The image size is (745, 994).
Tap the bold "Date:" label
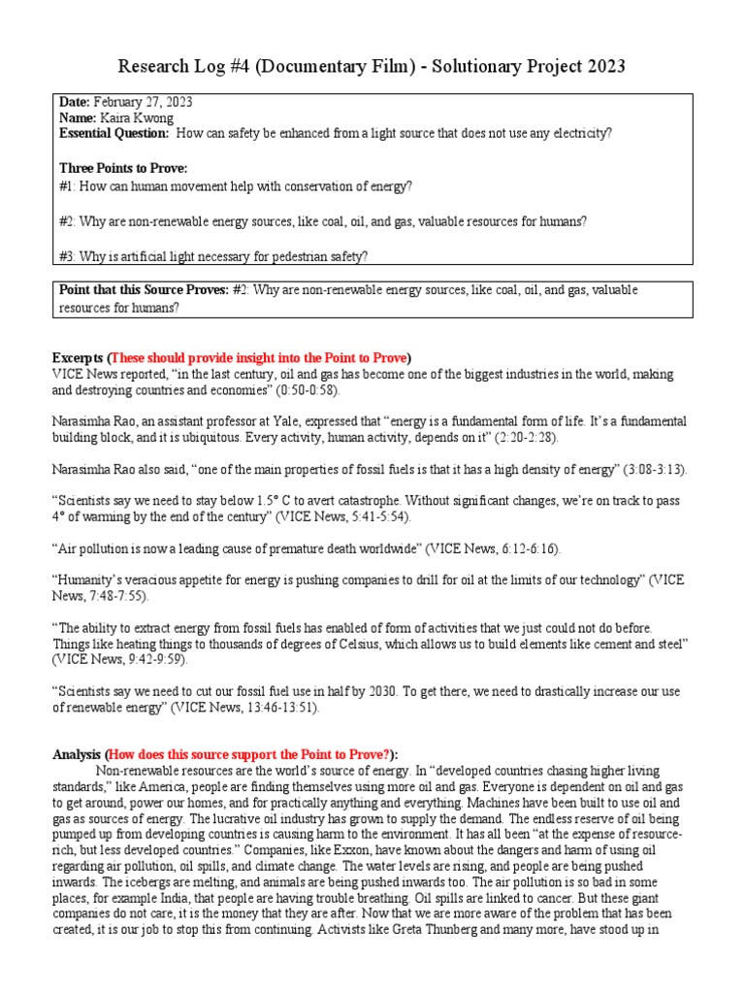coord(75,103)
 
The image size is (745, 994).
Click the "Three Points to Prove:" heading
coord(123,168)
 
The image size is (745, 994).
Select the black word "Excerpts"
coord(76,356)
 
